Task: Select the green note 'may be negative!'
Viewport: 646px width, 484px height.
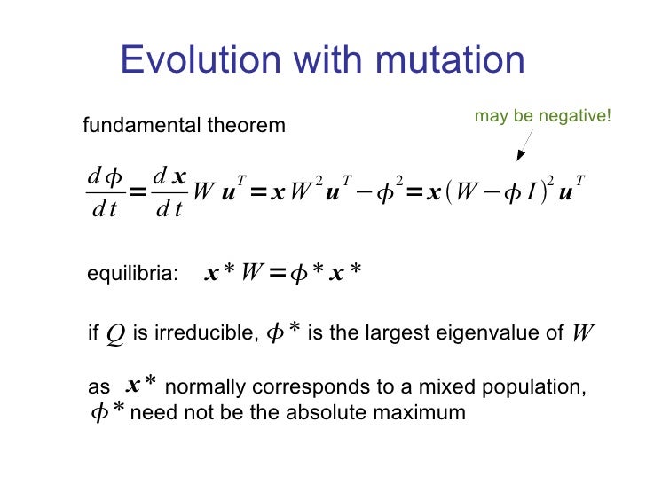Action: [543, 115]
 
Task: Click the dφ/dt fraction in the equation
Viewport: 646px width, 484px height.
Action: [104, 193]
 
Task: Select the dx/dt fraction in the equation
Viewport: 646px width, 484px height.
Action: [168, 193]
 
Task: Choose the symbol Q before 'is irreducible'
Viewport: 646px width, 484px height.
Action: [114, 334]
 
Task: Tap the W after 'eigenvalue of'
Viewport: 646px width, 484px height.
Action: [582, 334]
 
